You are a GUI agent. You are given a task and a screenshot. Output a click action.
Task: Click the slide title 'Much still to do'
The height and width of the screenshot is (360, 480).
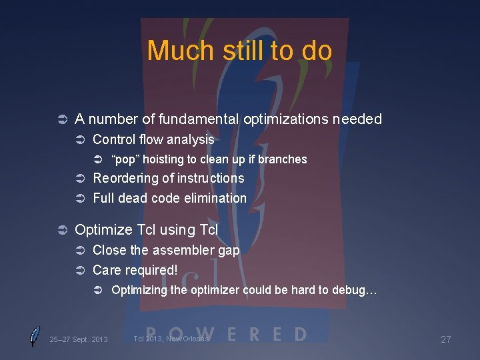[x=239, y=51]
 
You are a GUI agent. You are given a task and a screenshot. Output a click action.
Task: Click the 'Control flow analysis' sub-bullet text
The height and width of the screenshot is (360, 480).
[x=153, y=139]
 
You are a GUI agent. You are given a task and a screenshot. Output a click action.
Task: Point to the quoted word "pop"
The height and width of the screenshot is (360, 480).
[x=125, y=159]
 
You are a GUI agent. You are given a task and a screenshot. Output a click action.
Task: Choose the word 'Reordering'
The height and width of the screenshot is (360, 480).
[x=126, y=178]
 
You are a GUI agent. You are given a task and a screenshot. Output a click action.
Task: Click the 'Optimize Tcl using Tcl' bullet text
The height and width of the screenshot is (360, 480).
[x=146, y=230]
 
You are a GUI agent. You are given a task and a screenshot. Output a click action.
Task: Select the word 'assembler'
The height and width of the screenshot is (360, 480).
[x=185, y=250]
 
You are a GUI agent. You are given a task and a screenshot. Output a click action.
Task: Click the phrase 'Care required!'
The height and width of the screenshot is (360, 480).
[x=135, y=270]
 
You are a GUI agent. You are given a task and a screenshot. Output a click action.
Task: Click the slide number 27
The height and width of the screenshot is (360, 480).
[x=446, y=339]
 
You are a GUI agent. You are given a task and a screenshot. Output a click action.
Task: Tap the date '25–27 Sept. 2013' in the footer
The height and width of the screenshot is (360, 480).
[x=79, y=339]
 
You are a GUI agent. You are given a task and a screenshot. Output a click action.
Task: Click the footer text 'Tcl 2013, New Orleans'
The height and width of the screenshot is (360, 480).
[x=171, y=339]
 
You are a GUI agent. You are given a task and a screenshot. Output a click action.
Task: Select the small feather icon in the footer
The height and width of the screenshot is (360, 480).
[x=35, y=337]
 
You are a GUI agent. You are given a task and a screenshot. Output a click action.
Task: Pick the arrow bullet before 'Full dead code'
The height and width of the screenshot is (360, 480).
[x=79, y=199]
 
